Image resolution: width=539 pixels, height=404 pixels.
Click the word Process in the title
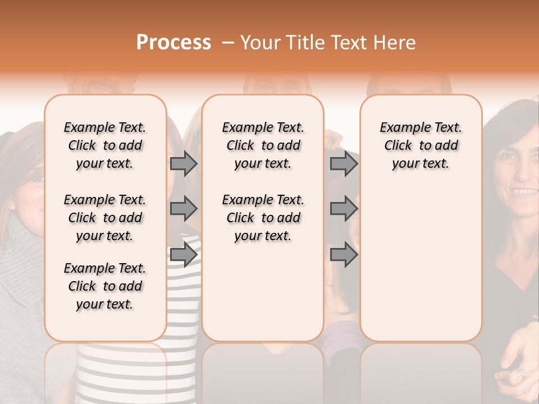[x=173, y=43]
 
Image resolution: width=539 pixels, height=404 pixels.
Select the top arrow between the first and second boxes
[x=184, y=163]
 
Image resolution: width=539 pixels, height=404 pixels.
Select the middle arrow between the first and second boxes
[x=184, y=209]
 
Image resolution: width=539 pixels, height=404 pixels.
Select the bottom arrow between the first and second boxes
[x=184, y=254]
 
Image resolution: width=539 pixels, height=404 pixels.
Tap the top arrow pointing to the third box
[x=344, y=163]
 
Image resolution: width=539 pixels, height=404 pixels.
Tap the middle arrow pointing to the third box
[x=344, y=209]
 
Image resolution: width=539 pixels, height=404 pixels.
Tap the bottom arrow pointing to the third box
[x=344, y=254]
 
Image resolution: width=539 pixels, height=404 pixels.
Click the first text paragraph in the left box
[x=105, y=145]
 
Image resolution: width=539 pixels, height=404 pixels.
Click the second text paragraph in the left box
[x=105, y=218]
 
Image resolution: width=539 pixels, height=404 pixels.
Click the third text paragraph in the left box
[x=105, y=286]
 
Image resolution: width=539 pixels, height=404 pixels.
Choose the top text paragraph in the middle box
[x=263, y=145]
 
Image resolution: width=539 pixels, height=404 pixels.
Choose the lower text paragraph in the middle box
[x=263, y=218]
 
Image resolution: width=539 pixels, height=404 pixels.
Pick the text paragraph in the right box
[x=421, y=145]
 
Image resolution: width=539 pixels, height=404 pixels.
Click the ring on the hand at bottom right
[x=520, y=372]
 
